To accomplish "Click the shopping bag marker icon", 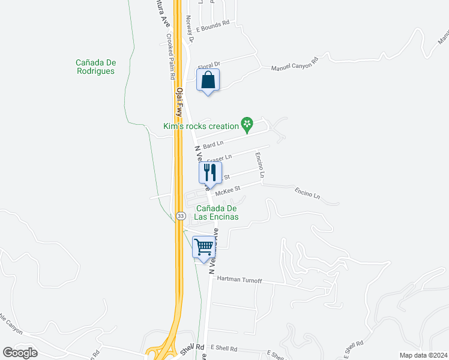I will point(208,80).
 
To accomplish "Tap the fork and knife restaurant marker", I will point(210,173).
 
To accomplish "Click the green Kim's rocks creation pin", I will point(246,124).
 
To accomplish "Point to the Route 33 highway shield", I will point(181,215).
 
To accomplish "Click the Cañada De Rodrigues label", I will point(95,66).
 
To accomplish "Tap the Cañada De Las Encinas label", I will point(217,212).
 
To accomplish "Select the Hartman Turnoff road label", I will point(240,279).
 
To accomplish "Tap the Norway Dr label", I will point(191,29).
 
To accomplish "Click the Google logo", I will point(20,352).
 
